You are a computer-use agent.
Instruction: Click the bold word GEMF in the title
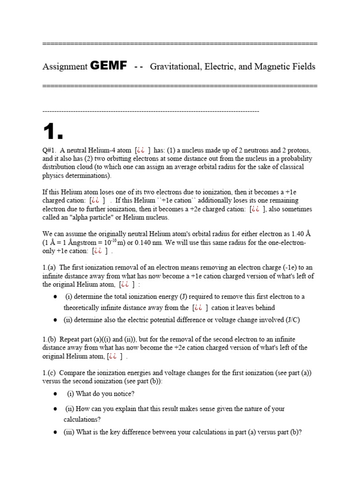click(108, 66)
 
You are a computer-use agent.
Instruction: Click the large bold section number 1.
click(53, 133)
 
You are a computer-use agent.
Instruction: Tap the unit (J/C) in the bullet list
click(292, 320)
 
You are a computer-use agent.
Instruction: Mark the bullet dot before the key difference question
click(55, 432)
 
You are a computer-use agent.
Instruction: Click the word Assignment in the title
click(65, 67)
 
